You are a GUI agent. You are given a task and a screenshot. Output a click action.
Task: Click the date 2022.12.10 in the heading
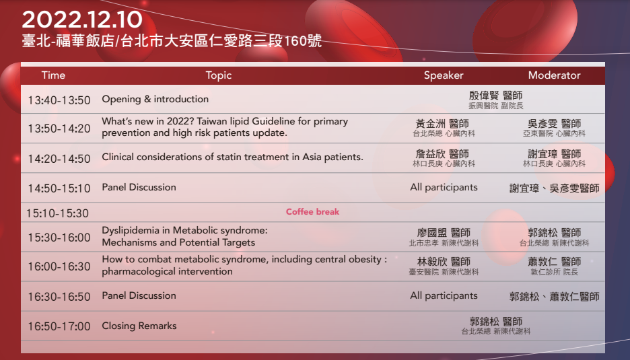click(x=82, y=20)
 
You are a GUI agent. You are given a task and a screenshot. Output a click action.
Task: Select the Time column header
click(x=53, y=75)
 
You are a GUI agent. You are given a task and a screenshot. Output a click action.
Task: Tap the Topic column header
click(x=219, y=75)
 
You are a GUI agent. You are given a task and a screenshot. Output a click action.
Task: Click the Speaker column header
click(x=444, y=75)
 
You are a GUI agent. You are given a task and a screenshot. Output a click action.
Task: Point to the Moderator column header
click(x=554, y=75)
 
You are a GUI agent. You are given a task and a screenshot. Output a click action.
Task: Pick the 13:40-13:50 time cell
click(x=59, y=100)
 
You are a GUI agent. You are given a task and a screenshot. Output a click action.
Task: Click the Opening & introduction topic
click(x=155, y=99)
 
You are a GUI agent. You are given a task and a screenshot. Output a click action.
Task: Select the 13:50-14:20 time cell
click(x=59, y=129)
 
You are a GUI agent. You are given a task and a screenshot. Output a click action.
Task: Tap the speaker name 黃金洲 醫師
click(x=442, y=124)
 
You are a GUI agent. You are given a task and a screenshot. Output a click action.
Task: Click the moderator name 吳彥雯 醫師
click(x=554, y=124)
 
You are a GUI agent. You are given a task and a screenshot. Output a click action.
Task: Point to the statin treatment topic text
click(x=232, y=157)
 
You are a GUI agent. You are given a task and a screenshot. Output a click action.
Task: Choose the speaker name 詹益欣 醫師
click(x=442, y=154)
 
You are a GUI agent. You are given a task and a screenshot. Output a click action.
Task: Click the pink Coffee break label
click(x=312, y=212)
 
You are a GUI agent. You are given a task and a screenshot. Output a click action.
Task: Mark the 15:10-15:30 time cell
click(x=57, y=213)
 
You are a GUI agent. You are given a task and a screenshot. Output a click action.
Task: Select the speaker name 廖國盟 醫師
click(x=444, y=233)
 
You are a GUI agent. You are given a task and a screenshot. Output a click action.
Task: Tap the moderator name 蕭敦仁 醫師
click(x=554, y=262)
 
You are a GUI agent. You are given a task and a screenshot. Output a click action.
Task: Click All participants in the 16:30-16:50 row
click(x=444, y=295)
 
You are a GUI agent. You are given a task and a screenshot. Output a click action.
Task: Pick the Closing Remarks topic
click(x=139, y=326)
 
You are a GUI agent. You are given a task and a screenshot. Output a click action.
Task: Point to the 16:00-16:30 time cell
click(x=59, y=266)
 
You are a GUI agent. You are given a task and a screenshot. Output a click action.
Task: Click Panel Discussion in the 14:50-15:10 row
click(x=139, y=187)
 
